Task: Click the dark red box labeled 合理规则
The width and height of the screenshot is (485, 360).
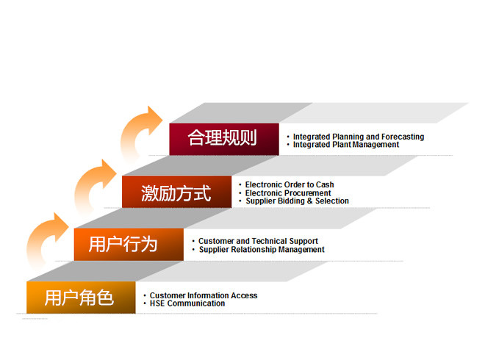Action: [x=224, y=139]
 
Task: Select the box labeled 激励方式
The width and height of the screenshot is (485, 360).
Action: [x=176, y=192]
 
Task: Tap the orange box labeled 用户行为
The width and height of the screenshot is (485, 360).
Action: [x=129, y=245]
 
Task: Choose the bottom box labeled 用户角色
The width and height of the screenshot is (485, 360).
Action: [x=81, y=298]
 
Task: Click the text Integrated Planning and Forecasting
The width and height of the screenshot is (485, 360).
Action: [x=359, y=137]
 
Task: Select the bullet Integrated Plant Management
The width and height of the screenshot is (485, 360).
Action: [x=346, y=145]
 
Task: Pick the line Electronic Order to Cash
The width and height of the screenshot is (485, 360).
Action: [x=290, y=184]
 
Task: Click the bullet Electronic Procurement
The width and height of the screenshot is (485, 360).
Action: [x=288, y=193]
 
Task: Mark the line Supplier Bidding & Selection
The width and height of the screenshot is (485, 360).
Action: [x=298, y=201]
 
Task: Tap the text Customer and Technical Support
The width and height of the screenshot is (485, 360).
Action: [x=258, y=241]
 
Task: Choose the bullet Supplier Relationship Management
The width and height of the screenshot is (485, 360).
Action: [x=262, y=250]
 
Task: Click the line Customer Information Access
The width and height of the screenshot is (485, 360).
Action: [x=204, y=295]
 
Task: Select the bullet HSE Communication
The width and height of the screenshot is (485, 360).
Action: [x=187, y=303]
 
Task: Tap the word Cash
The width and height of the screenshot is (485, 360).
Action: [x=325, y=184]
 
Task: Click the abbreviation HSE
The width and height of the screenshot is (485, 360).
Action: [x=157, y=303]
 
